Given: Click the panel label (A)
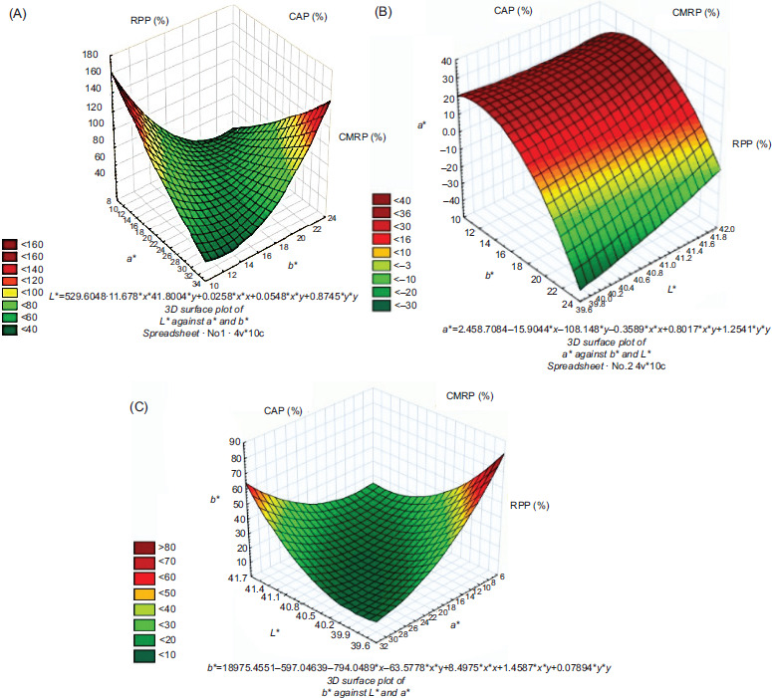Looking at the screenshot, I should pyautogui.click(x=18, y=17).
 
